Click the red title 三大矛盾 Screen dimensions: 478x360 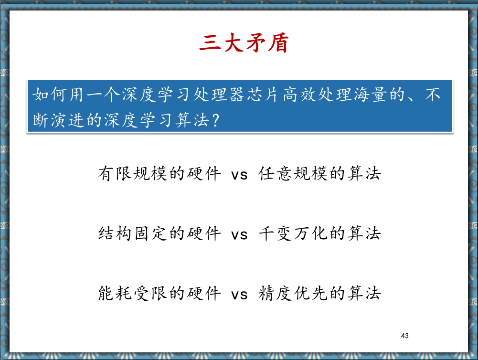click(x=244, y=43)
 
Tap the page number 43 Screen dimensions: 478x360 click(x=405, y=336)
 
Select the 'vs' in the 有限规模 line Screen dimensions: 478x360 click(x=239, y=175)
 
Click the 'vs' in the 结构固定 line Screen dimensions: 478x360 click(x=239, y=235)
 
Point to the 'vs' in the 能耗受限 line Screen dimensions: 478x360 click(x=239, y=295)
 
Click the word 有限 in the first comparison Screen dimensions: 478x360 click(x=115, y=173)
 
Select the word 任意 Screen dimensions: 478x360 click(x=275, y=173)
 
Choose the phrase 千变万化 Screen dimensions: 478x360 click(x=293, y=233)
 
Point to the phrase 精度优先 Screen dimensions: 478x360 click(x=293, y=293)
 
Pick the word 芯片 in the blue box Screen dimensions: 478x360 click(x=263, y=95)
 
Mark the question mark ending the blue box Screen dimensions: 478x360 click(x=215, y=120)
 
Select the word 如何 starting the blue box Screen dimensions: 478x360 click(x=49, y=95)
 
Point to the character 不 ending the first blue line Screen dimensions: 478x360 click(x=433, y=95)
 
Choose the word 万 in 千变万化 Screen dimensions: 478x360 click(x=302, y=233)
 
